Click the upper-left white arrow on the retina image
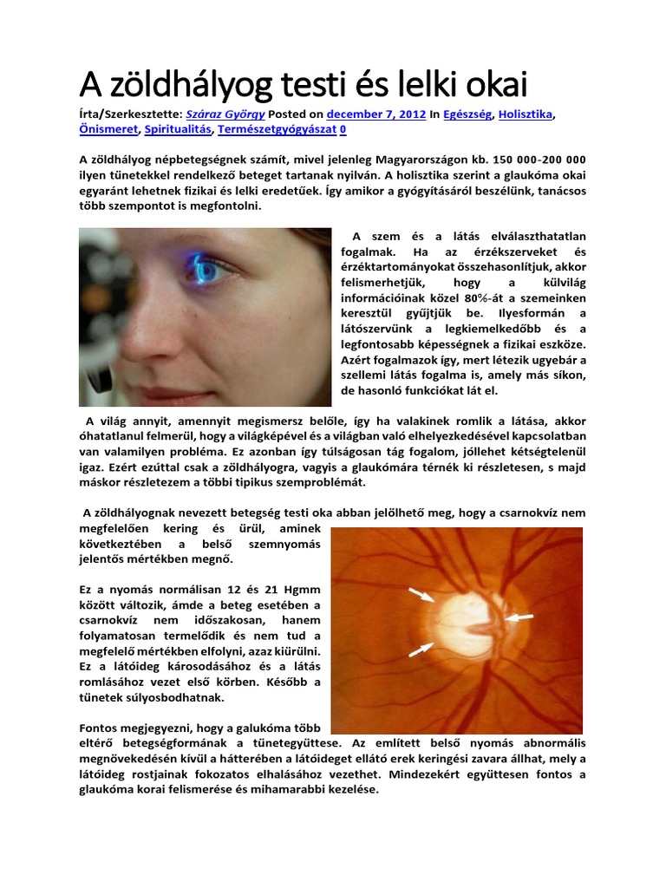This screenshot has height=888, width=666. pyautogui.click(x=421, y=594)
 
